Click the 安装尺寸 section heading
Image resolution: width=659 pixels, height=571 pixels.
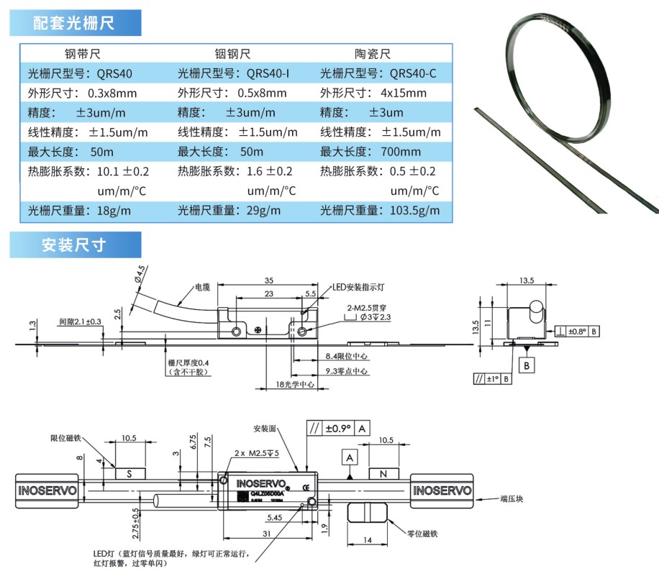point(74,245)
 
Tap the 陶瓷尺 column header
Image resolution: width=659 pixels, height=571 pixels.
point(372,54)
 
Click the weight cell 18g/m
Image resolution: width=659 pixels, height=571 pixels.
point(114,211)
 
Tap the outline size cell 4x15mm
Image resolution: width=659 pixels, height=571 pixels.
point(403,93)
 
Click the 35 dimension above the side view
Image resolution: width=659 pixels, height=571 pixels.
point(269,279)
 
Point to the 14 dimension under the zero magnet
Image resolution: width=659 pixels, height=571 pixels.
point(369,539)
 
